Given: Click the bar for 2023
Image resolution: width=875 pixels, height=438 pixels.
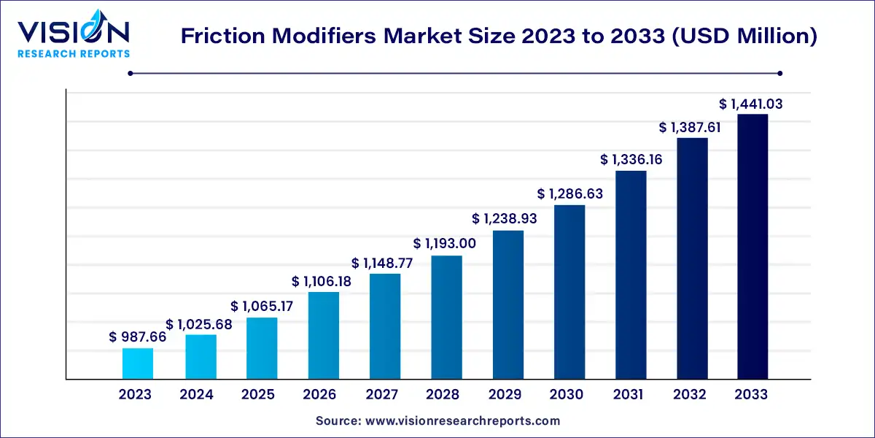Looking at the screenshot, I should (137, 364).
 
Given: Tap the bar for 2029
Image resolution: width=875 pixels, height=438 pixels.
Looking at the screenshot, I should (507, 304).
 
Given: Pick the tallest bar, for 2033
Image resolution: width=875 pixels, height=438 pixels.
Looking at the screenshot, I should (752, 247).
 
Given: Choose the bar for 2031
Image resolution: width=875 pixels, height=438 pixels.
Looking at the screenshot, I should (631, 274).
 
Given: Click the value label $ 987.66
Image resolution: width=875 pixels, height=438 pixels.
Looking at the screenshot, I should (138, 337).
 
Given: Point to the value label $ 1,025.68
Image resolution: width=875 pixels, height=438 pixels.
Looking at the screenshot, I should (199, 323).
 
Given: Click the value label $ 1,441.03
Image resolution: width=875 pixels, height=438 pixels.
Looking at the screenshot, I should (751, 104).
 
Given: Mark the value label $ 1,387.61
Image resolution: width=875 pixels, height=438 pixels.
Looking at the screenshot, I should (691, 127).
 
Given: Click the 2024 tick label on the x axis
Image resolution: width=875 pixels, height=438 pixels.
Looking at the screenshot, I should (197, 395).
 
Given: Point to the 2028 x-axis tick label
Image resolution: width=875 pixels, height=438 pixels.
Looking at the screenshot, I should (443, 395).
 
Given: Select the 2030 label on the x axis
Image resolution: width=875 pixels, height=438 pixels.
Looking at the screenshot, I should (567, 395).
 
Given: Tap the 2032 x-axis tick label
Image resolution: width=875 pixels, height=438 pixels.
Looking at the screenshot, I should (690, 395).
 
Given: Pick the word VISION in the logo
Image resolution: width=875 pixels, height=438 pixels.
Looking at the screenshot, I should (73, 32).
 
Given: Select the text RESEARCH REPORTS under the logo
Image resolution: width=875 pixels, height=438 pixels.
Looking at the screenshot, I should (73, 53).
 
